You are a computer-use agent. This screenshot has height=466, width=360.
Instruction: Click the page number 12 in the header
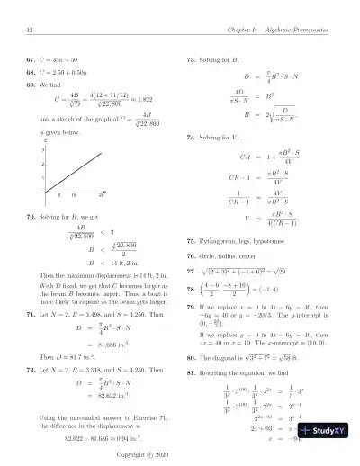[x=31, y=32]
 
